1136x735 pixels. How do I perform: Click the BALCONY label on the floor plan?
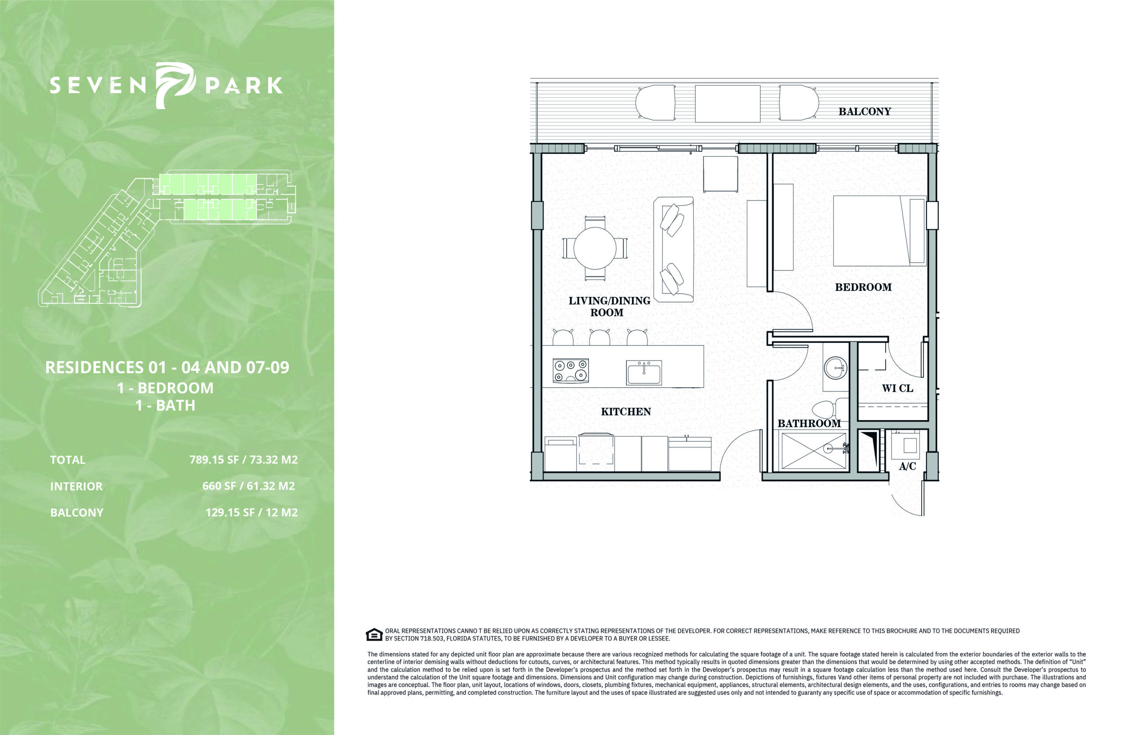[x=864, y=112]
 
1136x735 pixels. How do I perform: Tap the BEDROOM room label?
[x=863, y=287]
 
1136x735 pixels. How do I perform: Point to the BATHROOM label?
[x=809, y=423]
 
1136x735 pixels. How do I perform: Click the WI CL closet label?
[x=897, y=389]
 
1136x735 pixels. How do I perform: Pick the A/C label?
[x=907, y=466]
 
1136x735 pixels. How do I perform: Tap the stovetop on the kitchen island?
[x=570, y=371]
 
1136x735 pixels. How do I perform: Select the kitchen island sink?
[x=644, y=373]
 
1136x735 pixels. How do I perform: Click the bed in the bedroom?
[x=879, y=231]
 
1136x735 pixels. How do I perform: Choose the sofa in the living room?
[x=674, y=249]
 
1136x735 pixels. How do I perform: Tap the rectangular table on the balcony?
[x=727, y=103]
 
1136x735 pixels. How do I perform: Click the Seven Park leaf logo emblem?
[x=175, y=86]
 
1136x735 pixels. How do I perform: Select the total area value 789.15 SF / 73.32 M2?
[x=244, y=460]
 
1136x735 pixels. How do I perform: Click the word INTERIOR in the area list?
[x=76, y=486]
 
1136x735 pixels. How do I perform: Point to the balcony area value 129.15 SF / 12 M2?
[x=252, y=513]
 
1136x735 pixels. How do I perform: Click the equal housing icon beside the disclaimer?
[x=374, y=634]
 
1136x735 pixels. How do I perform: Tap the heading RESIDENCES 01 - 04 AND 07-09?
[x=167, y=367]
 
